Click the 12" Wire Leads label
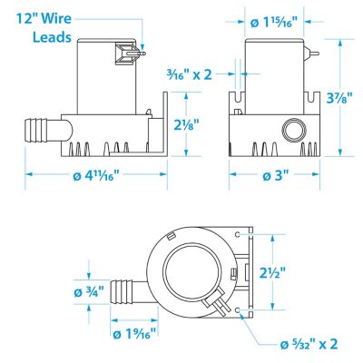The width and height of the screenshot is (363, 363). [44, 28]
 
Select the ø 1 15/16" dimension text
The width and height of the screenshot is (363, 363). [274, 22]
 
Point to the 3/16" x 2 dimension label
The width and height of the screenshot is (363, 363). [190, 74]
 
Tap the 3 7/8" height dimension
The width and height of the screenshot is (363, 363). [339, 99]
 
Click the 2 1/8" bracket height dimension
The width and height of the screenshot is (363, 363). [187, 124]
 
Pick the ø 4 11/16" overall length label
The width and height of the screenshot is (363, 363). [96, 175]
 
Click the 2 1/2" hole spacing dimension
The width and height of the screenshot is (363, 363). [272, 273]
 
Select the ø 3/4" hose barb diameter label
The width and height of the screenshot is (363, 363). [89, 292]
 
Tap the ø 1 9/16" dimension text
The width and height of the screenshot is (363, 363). [134, 334]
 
